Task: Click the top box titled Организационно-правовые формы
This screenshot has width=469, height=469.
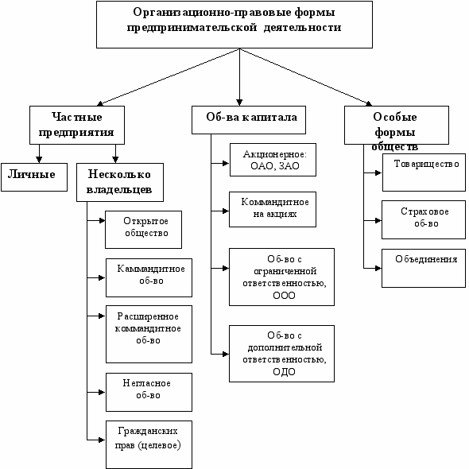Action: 234,24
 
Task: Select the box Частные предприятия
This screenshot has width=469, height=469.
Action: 77,125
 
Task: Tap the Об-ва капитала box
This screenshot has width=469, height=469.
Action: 249,120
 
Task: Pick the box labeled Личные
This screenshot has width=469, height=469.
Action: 34,177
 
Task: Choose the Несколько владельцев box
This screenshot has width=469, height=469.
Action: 120,182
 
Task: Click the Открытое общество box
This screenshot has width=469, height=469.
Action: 143,230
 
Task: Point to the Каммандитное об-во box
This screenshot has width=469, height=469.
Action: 149,277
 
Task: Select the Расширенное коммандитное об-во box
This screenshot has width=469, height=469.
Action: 149,334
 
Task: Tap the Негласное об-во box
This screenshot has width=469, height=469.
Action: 149,392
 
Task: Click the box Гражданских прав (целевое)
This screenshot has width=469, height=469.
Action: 149,444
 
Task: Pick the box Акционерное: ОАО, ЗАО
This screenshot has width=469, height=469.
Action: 273,160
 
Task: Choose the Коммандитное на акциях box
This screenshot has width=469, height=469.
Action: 273,209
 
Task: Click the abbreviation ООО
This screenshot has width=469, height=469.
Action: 284,296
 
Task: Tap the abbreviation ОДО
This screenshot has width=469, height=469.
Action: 284,372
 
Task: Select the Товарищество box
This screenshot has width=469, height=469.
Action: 424,172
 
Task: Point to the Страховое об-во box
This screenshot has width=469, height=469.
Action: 424,219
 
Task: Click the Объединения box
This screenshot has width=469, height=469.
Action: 424,268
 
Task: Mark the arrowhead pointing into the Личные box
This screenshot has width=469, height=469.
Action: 39,160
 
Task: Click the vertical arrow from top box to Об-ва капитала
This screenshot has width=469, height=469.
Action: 239,77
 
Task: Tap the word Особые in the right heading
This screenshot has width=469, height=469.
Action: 395,117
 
